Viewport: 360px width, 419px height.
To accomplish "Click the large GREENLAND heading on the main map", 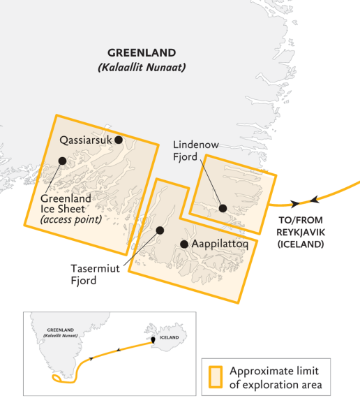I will [x=142, y=53].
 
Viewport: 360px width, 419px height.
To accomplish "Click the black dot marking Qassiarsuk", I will [x=119, y=140].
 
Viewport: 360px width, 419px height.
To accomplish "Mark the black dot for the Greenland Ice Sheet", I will [x=63, y=161].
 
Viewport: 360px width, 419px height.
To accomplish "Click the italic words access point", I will [x=70, y=219].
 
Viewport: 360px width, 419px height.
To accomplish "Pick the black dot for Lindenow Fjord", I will [x=223, y=207].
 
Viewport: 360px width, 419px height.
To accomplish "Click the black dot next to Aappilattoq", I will [x=184, y=244].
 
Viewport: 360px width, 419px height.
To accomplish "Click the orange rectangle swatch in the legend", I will [x=215, y=377].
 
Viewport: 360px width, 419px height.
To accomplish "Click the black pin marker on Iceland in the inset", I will [x=153, y=341].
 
